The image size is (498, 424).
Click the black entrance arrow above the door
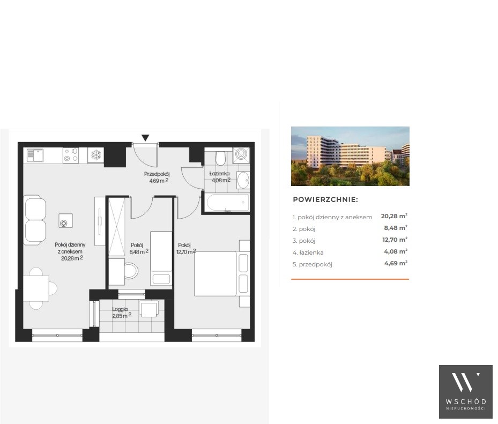tap(145, 138)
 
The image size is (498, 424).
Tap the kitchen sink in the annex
tap(35, 155)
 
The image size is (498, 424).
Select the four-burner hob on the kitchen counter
tap(71, 155)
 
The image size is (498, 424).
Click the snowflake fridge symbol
tap(95, 155)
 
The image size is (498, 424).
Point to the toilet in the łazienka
tap(220, 158)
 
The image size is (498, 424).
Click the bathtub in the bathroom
tap(227, 203)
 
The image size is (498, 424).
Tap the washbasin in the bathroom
tap(243, 181)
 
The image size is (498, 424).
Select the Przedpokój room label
tap(157, 174)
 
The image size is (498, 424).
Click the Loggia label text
tap(120, 309)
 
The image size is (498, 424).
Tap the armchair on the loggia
tap(149, 309)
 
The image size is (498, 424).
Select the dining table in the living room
tap(36, 288)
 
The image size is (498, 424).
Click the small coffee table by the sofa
tap(65, 221)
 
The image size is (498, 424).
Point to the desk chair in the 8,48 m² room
tap(131, 271)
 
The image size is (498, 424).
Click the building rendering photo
tap(350, 157)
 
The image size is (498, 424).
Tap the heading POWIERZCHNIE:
tap(325, 200)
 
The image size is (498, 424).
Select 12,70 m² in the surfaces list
tap(395, 240)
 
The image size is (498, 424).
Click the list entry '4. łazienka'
tap(308, 252)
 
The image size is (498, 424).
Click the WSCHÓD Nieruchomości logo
tap(466, 392)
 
